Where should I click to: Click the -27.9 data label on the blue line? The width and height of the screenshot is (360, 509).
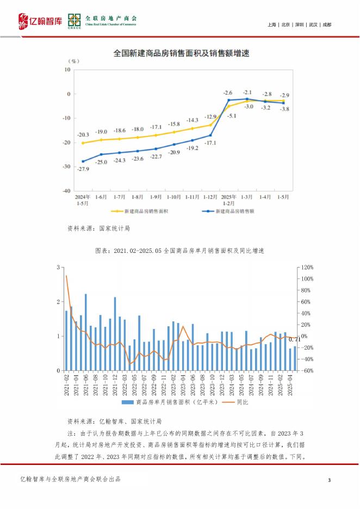[x=83, y=169]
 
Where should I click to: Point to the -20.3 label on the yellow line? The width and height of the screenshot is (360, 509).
[x=83, y=135]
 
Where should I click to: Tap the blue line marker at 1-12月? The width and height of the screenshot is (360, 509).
[x=210, y=135]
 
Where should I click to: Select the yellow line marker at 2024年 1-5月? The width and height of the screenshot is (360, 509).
[x=83, y=143]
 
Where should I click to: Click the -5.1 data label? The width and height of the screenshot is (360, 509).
[x=232, y=116]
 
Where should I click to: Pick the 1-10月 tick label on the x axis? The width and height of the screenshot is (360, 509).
[x=174, y=196]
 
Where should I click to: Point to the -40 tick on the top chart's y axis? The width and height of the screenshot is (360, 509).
[x=67, y=191]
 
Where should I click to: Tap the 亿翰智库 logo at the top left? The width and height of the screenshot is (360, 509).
[x=38, y=21]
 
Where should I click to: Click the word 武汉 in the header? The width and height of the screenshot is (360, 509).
[x=313, y=25]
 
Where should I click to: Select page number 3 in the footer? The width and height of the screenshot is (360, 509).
[x=330, y=479]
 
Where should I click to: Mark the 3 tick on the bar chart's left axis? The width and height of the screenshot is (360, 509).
[x=58, y=268]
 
